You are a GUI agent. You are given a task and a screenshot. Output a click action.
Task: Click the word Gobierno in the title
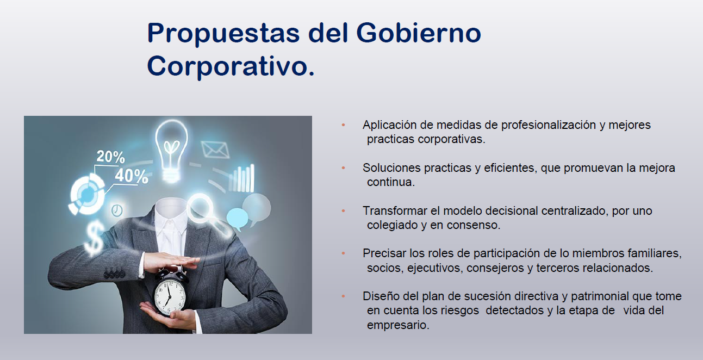[419, 33]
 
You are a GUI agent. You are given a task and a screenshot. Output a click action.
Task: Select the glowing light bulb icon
[171, 150]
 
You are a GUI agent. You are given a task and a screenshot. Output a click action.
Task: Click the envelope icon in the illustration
[215, 150]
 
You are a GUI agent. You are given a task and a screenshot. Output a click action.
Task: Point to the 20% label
[110, 156]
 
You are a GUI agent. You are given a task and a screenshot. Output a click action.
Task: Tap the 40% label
[132, 176]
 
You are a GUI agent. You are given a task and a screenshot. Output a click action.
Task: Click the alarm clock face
[169, 296]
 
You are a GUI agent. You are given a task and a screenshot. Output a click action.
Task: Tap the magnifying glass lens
[200, 208]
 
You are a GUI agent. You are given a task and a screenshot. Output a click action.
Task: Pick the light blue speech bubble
[237, 219]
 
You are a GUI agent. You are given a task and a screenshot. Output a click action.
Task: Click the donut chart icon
[87, 195]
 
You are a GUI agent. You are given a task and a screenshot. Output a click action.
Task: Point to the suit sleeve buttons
[115, 274]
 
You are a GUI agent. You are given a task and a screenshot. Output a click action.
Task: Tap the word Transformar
[395, 210]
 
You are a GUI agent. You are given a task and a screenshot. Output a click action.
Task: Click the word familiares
[655, 253]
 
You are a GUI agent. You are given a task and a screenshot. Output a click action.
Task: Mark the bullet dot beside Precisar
[343, 253]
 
